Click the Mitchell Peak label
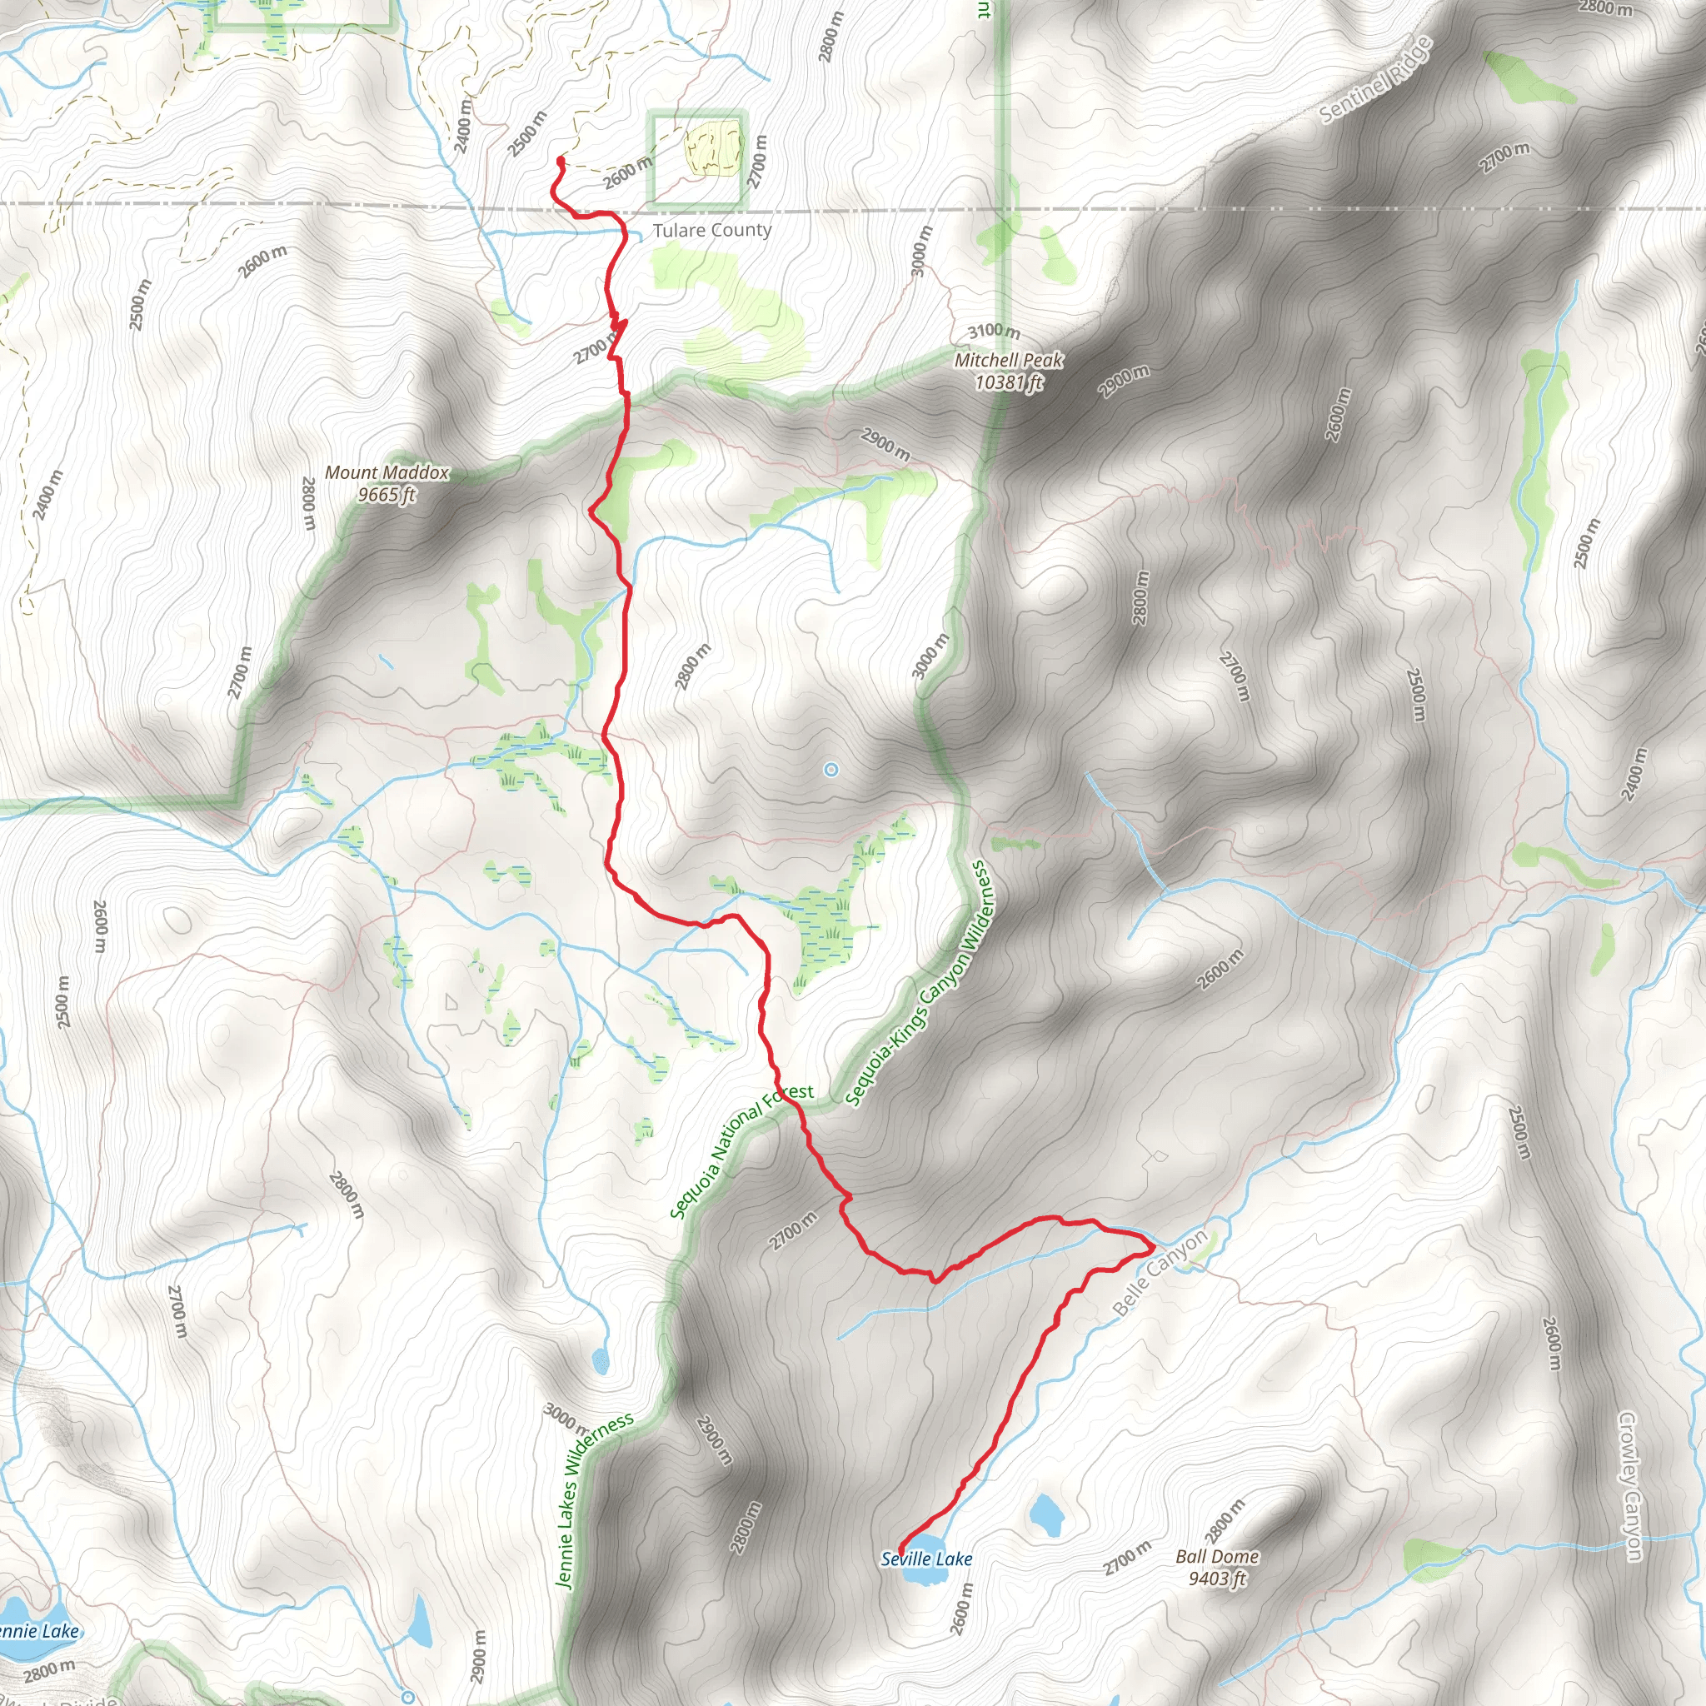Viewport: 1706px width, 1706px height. [1009, 360]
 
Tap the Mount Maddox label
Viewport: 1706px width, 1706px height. [387, 472]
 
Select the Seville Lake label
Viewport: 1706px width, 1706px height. [926, 1559]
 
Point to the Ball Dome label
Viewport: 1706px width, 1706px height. [1217, 1557]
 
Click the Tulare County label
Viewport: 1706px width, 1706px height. [711, 231]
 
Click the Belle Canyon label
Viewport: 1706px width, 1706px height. [1160, 1273]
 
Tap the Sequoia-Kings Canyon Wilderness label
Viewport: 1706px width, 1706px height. [917, 984]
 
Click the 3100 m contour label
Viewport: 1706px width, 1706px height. [994, 332]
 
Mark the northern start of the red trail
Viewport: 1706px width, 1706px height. [560, 160]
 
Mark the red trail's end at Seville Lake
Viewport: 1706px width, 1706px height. [900, 1554]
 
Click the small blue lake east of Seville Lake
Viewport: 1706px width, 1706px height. [1046, 1515]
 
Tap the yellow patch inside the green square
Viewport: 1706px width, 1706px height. [712, 149]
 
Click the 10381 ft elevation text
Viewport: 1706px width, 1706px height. [1009, 382]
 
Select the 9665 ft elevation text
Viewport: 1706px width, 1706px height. [387, 495]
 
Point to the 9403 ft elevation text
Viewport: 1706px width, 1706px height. [1217, 1578]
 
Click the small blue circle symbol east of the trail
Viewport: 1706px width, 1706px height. [831, 770]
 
